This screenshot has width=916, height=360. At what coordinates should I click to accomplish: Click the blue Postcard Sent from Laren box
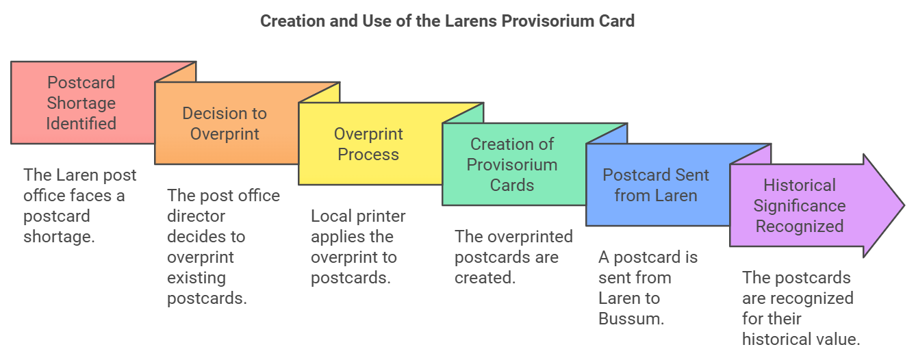(x=657, y=185)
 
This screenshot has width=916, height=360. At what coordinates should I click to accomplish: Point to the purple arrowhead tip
(x=904, y=205)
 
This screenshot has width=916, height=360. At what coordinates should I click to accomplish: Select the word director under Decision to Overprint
(x=196, y=216)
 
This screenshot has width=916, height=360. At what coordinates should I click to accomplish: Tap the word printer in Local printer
(x=381, y=216)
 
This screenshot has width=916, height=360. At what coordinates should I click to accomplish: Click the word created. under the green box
(x=485, y=278)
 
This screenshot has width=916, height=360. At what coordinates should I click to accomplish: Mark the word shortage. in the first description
(x=59, y=237)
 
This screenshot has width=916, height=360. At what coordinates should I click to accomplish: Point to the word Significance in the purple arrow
(x=800, y=206)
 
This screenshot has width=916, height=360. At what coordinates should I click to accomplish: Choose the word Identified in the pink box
(x=81, y=123)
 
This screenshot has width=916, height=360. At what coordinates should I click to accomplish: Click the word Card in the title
(x=617, y=21)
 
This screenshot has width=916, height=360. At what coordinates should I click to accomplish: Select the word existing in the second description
(x=196, y=278)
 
